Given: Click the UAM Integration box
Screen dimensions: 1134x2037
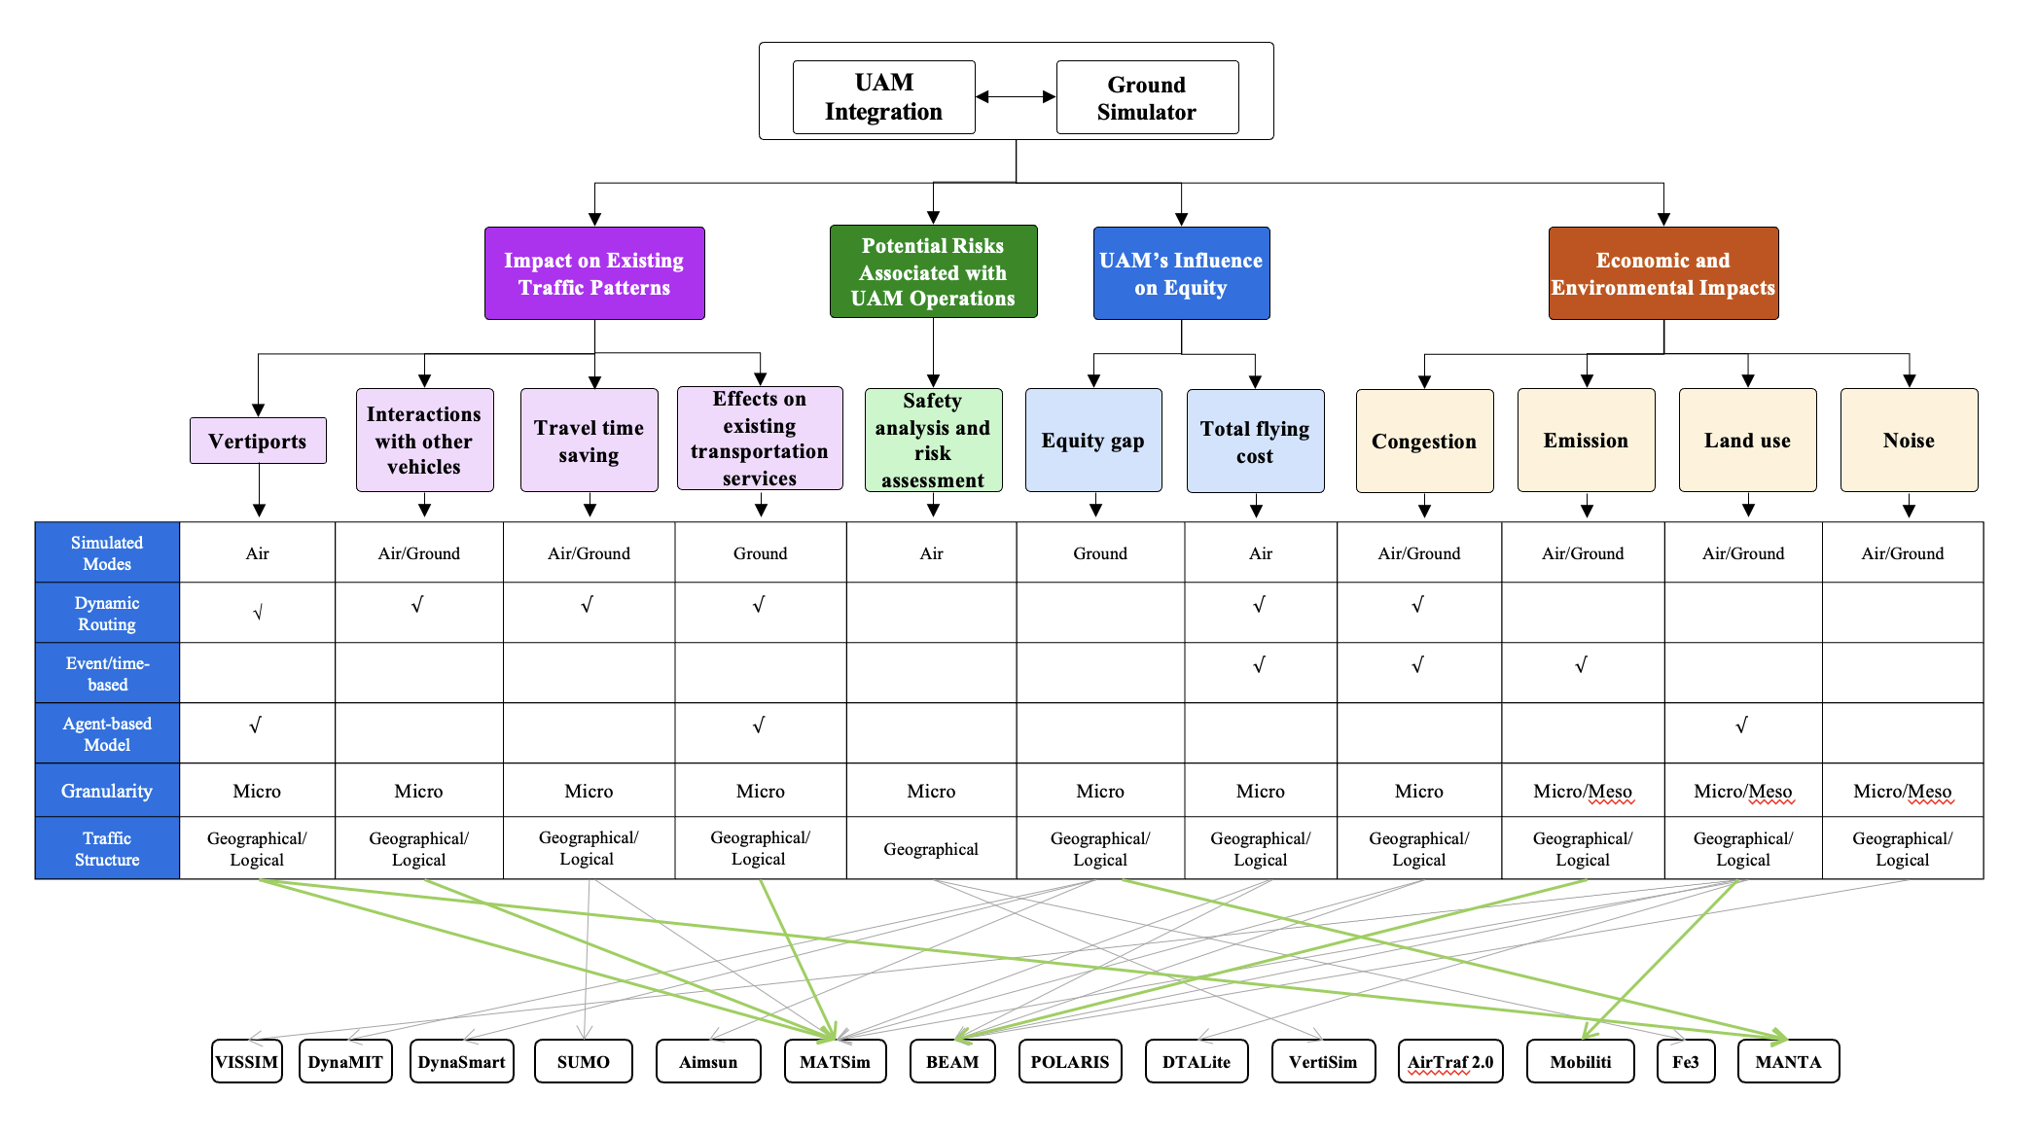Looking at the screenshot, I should coord(883,97).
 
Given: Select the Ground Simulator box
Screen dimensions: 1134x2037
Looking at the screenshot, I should coord(1147,97).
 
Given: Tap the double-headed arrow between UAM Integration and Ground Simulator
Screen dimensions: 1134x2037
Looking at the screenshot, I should coord(1016,96).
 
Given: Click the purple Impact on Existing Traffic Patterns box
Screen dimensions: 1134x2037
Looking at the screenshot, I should coord(594,273).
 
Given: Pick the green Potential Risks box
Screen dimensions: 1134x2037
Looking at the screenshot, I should coord(933,271).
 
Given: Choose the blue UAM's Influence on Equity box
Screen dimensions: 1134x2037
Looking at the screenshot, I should coord(1181,273).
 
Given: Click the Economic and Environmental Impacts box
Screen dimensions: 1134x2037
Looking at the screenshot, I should coord(1662,273).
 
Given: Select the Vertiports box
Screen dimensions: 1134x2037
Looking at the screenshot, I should coord(258,441).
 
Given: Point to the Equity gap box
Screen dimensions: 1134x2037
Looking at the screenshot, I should coord(1093,441).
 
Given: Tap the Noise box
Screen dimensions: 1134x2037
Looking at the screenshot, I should coord(1909,441).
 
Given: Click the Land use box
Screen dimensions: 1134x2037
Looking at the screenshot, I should coord(1747,441).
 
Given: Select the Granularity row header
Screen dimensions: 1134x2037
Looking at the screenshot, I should coord(107,791).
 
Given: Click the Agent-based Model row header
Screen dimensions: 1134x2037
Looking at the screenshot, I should coord(107,733).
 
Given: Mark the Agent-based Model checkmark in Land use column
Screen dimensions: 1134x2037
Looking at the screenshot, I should coord(1741,725).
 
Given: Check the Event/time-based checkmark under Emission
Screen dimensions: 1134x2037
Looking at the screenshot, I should coord(1581,665).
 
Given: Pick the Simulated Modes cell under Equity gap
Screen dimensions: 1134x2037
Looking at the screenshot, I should coord(1100,553).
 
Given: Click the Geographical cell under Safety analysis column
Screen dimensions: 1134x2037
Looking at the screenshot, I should coord(931,849).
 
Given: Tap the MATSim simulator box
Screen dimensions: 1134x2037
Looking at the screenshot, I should coord(835,1061).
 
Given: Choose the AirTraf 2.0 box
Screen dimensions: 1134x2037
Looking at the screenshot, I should coord(1450,1061).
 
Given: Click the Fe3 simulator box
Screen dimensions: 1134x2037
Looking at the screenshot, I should coord(1685,1061).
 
